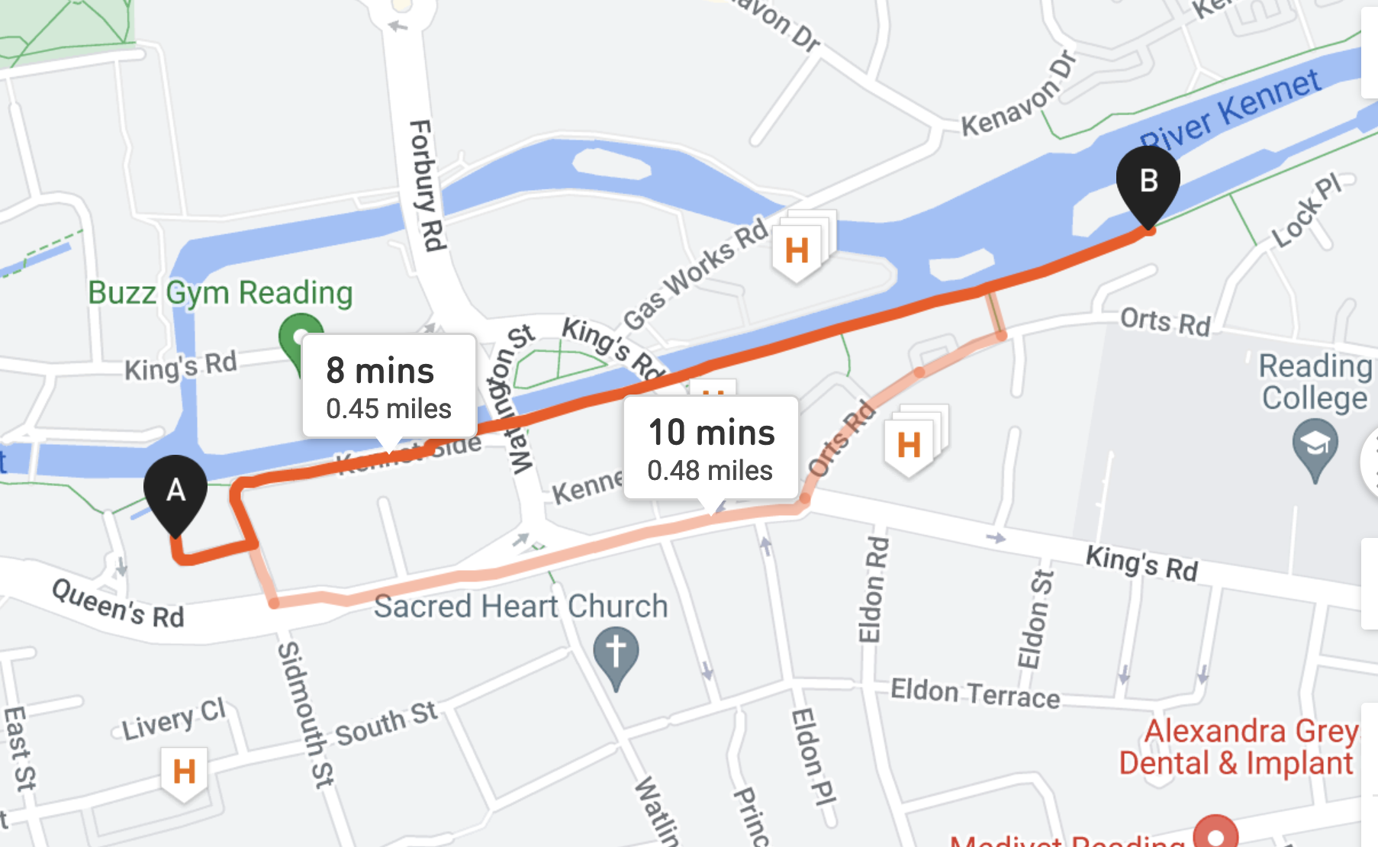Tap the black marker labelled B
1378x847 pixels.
(1148, 182)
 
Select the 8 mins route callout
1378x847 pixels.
(389, 386)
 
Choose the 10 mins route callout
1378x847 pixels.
(711, 448)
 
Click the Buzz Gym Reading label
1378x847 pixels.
(221, 292)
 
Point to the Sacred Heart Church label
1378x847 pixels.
(520, 607)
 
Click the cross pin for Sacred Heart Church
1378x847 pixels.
(616, 653)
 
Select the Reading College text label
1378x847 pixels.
(1314, 382)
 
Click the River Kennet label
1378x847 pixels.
(1231, 111)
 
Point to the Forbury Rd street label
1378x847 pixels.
(427, 185)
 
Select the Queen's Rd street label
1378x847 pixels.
(118, 603)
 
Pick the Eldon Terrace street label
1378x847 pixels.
(975, 693)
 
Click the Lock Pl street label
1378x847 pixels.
(1307, 211)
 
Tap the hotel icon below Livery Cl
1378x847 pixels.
(184, 771)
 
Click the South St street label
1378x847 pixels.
(386, 723)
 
